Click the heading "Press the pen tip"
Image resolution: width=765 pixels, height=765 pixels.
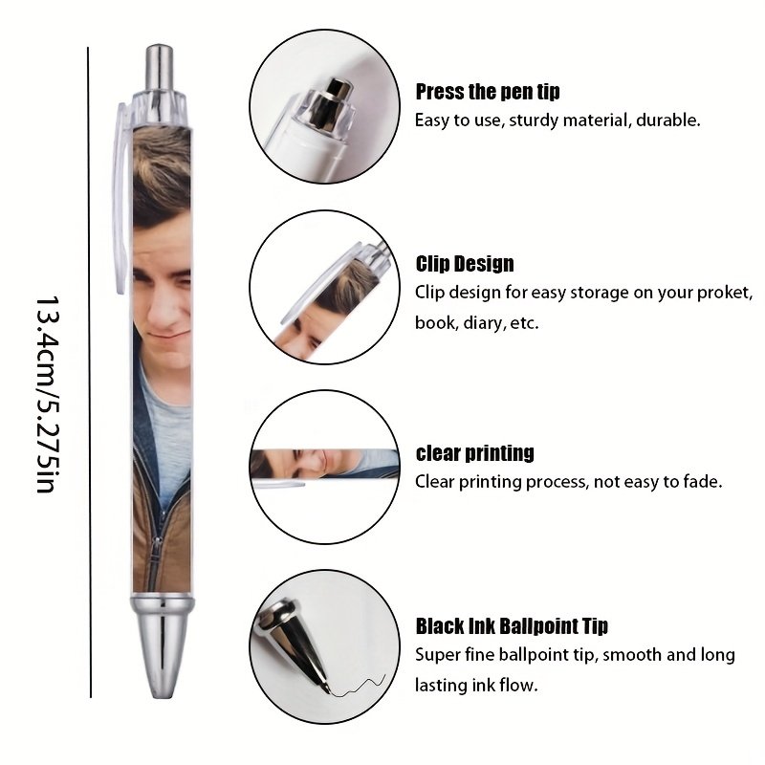tap(488, 92)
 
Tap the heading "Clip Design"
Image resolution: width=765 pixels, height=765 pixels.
tap(465, 264)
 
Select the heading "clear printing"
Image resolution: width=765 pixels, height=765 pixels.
tap(474, 453)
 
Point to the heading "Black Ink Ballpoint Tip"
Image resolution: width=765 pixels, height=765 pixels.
tap(512, 626)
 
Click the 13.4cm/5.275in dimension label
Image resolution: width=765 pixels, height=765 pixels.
tap(48, 394)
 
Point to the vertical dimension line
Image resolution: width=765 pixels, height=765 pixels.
tap(89, 372)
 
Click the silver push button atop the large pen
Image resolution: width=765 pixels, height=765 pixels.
tap(160, 67)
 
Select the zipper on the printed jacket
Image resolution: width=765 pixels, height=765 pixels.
tap(155, 557)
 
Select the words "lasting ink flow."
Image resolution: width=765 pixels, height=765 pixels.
tap(476, 686)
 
